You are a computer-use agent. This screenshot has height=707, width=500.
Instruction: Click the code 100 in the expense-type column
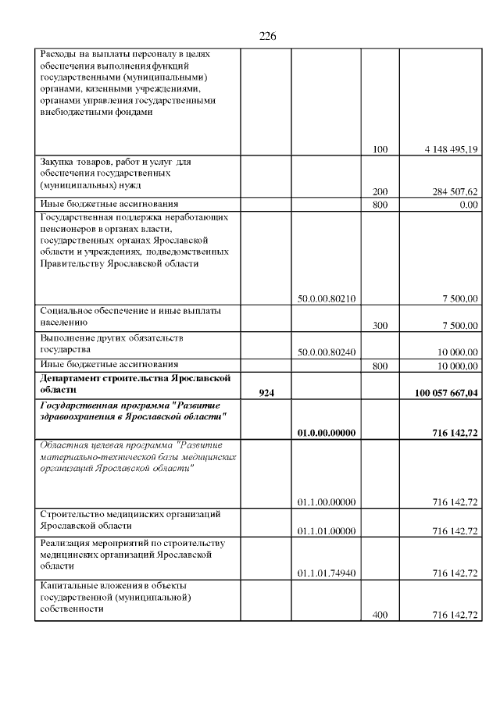380,148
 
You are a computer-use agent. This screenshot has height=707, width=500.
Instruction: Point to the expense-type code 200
380,191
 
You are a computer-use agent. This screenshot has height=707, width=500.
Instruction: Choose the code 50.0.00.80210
327,298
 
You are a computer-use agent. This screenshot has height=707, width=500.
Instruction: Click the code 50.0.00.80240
327,352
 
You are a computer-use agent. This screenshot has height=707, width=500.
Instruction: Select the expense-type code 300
380,325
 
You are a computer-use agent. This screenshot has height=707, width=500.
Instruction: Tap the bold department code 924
266,393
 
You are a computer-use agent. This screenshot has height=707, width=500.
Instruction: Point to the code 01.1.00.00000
327,502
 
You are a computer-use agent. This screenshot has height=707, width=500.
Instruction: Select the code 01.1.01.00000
327,531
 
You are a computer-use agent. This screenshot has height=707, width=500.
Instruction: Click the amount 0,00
469,205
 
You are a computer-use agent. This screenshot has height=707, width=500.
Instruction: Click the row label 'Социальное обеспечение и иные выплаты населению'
130,316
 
